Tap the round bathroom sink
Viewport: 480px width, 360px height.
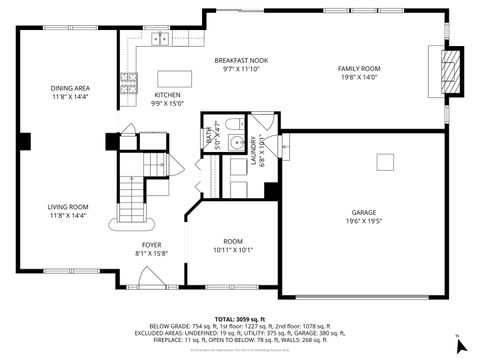coord(235,143)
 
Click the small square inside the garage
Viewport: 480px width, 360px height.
coord(386,161)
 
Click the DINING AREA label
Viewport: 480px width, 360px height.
coord(70,89)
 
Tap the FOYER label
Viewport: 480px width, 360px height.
coord(151,244)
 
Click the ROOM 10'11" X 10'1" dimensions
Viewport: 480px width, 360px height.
coord(233,250)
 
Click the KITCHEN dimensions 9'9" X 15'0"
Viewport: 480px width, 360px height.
coord(168,103)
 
